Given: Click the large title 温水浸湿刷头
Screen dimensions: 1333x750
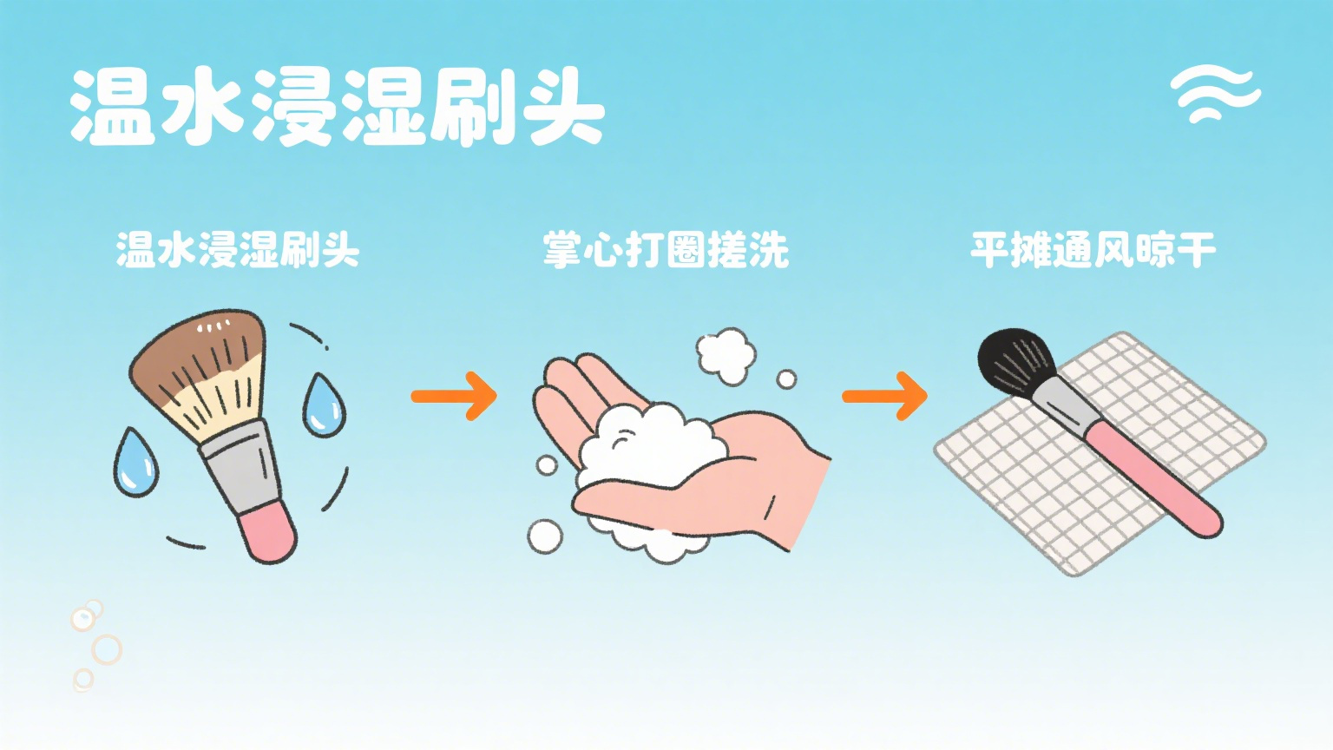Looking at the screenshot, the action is [338, 107].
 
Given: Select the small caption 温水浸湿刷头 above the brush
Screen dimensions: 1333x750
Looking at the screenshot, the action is [238, 249].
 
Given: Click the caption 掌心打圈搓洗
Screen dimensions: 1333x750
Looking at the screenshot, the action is [666, 250].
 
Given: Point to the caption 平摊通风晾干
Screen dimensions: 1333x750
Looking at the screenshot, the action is [1093, 249].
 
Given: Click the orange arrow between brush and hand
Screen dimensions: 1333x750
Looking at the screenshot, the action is [454, 396].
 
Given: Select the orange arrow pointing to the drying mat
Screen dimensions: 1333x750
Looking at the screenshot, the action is [885, 396].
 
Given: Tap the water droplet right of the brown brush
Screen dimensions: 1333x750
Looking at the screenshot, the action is [324, 405].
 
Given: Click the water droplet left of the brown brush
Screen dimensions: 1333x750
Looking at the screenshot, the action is [136, 462].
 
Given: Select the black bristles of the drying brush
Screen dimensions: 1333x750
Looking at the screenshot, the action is [1015, 362].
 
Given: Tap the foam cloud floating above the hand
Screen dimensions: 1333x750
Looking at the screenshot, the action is [726, 356].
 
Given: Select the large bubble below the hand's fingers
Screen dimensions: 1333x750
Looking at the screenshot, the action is [545, 537].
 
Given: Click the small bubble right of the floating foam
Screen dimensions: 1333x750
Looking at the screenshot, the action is [787, 379].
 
